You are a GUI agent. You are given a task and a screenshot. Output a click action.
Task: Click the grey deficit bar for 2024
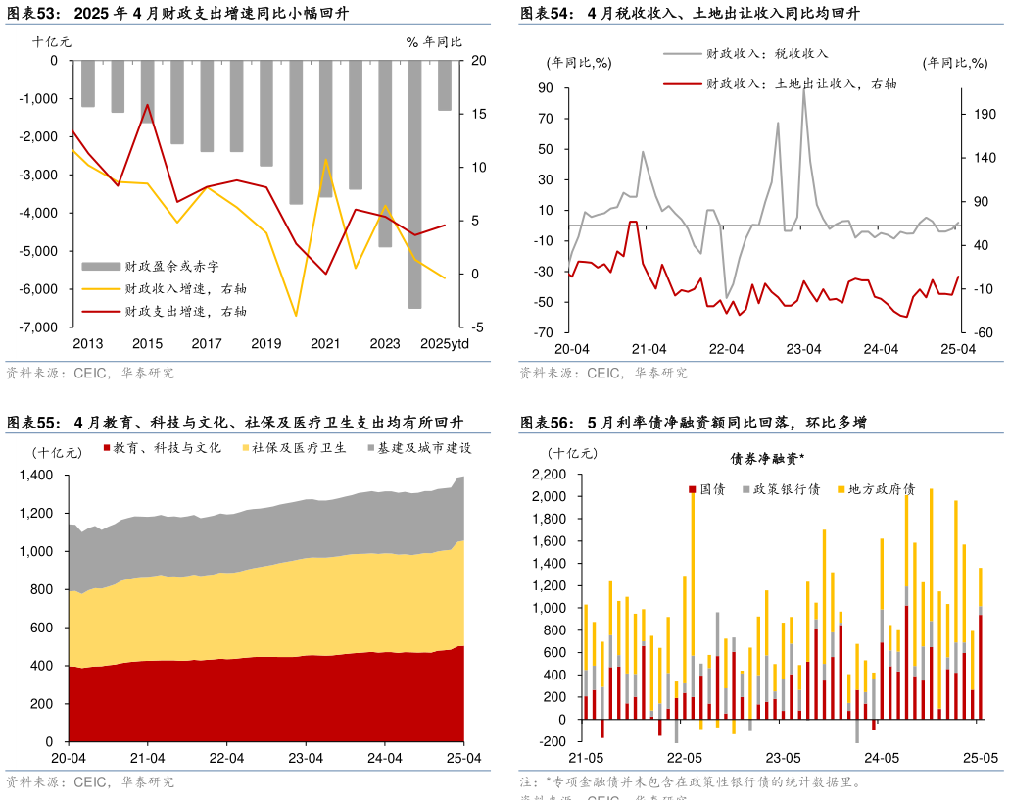pyautogui.click(x=414, y=184)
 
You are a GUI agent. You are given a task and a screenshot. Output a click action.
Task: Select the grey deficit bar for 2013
pyautogui.click(x=88, y=83)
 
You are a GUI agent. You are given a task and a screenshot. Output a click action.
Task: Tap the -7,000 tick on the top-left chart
pyautogui.click(x=41, y=327)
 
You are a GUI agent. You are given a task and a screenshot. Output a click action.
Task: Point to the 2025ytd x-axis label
pyautogui.click(x=444, y=343)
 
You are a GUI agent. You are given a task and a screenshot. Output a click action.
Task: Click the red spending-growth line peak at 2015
pyautogui.click(x=147, y=105)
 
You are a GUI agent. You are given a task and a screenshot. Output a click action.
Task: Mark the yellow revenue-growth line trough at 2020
pyautogui.click(x=296, y=316)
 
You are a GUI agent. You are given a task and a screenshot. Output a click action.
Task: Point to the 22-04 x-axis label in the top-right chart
pyautogui.click(x=727, y=349)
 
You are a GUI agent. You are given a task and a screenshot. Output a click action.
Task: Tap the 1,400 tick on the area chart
pyautogui.click(x=36, y=476)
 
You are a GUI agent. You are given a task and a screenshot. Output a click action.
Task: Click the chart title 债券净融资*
pyautogui.click(x=767, y=458)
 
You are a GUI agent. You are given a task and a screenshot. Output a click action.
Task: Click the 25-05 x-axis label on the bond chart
pyautogui.click(x=980, y=758)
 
